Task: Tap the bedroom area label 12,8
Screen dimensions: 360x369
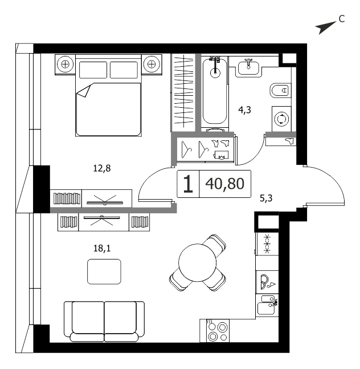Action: pos(102,168)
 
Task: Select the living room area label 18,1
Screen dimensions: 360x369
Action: pos(102,248)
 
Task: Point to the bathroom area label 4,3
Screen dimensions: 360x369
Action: pos(244,110)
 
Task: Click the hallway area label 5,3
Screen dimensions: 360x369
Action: pos(266,198)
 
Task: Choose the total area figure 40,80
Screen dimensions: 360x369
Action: pos(225,184)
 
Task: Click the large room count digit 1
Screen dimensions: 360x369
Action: pos(188,184)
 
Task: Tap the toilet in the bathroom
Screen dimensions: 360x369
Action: pos(281,90)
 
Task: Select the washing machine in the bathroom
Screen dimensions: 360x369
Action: pos(281,119)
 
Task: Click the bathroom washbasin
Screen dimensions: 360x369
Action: pos(248,68)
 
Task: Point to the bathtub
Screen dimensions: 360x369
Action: pos(215,91)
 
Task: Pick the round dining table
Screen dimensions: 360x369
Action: pos(198,262)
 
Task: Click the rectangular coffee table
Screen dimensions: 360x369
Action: pos(104,271)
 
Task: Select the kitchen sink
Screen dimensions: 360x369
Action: pos(267,305)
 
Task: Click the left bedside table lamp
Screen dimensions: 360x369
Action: pos(65,64)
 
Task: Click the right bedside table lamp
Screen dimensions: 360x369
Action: pos(152,64)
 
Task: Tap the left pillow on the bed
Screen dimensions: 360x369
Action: pos(93,70)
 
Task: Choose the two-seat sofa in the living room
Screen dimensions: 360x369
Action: pos(104,322)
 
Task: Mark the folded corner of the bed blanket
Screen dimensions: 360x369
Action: pos(84,91)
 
